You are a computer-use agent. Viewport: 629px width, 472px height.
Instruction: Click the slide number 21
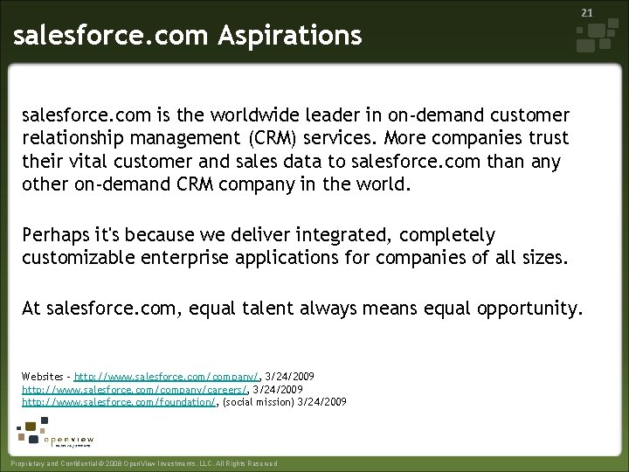pos(587,13)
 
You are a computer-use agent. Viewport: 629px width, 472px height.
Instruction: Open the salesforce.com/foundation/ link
pos(118,402)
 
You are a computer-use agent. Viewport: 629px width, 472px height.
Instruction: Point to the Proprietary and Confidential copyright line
pos(141,463)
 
